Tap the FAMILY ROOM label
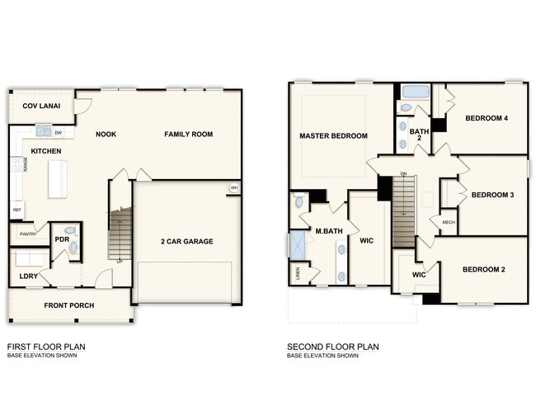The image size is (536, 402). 188,134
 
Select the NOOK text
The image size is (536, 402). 106,134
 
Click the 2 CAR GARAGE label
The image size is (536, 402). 186,241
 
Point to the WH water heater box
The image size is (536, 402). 234,188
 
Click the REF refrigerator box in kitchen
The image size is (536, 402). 16,211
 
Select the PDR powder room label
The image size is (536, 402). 61,239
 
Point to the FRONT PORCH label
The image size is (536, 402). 69,305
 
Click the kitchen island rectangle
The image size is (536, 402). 58,179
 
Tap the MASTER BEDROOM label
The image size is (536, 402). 333,135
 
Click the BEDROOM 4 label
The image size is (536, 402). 486,118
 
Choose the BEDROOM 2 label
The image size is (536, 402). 483,270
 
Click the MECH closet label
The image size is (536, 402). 448,222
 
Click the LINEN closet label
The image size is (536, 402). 298,273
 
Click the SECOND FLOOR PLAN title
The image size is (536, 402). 332,347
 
